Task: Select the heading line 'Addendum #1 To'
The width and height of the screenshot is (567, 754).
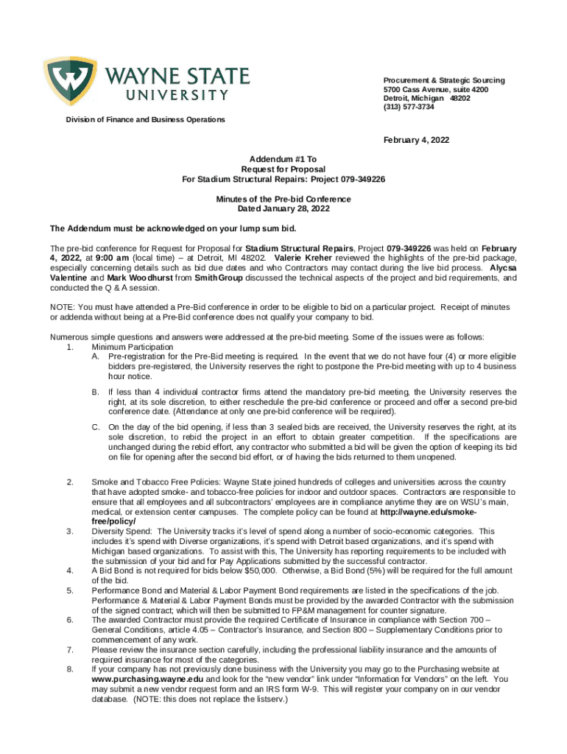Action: [283, 159]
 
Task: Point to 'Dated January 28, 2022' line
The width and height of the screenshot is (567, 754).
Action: [283, 209]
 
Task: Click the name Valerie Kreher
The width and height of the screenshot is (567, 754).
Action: [303, 258]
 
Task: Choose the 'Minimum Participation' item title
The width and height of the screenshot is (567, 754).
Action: [132, 346]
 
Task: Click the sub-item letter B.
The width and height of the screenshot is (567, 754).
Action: [95, 392]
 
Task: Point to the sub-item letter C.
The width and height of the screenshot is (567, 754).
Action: [95, 427]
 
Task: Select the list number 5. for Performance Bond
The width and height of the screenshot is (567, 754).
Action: [69, 591]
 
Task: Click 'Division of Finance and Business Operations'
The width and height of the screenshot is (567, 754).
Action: [145, 119]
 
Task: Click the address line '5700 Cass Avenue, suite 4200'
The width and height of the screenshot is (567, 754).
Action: [435, 89]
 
